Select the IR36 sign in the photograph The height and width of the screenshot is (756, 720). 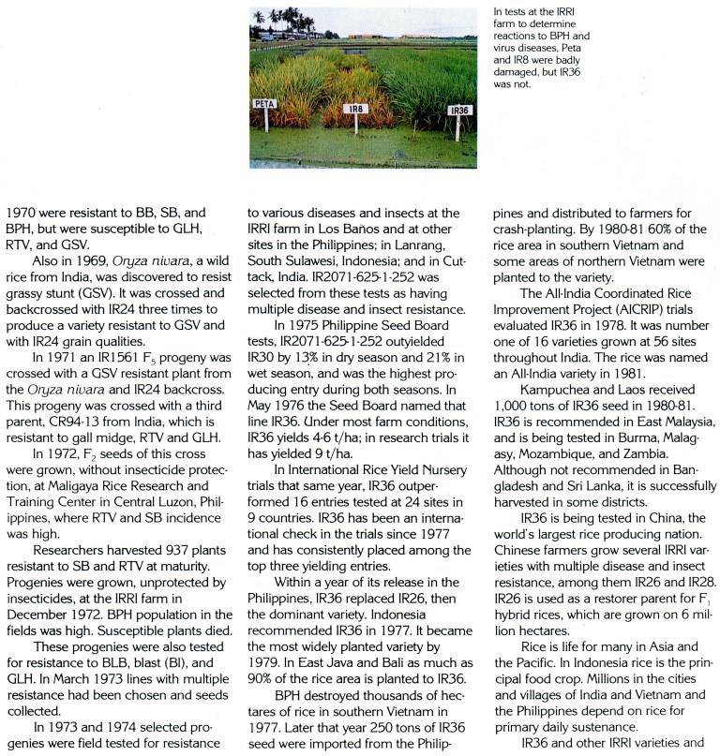click(x=459, y=110)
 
